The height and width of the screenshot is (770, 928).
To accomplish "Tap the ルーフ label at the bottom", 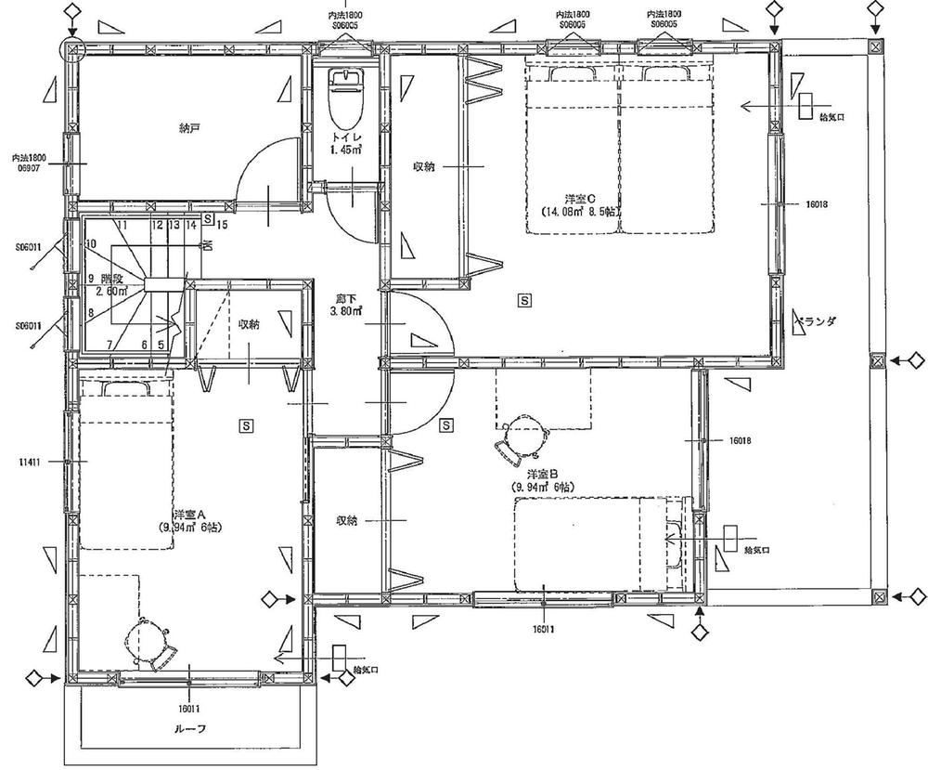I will (x=188, y=728).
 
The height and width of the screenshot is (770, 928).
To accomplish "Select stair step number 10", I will (x=90, y=244).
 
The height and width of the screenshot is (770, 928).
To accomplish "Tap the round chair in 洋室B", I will (x=522, y=437).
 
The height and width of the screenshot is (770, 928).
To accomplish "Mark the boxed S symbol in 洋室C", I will (x=525, y=301).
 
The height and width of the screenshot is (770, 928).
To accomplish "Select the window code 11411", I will (x=27, y=461).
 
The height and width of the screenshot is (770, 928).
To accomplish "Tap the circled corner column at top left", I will (x=72, y=47).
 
